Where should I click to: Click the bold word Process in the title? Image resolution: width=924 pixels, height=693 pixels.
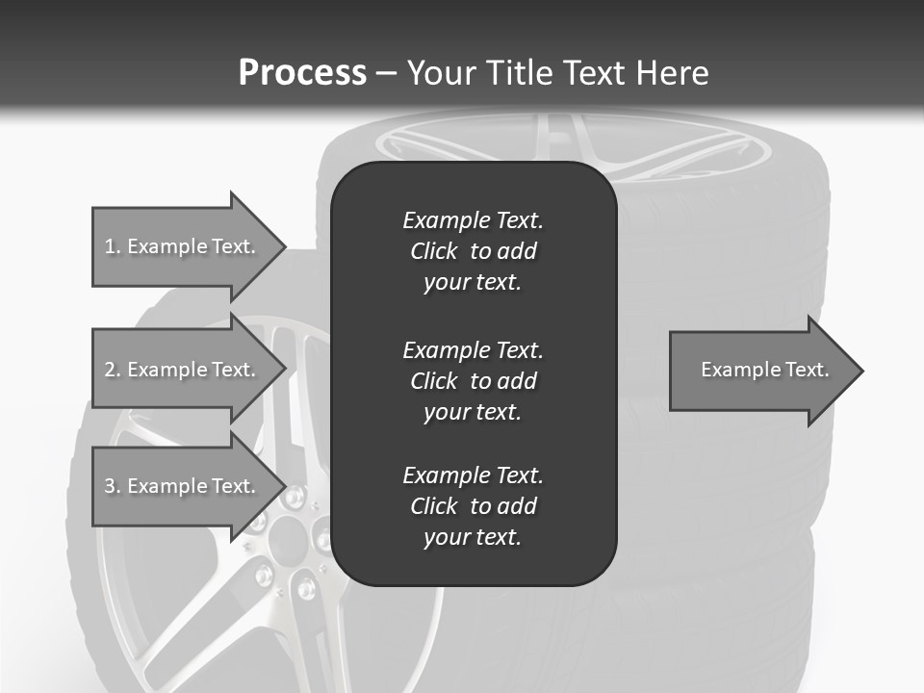302,73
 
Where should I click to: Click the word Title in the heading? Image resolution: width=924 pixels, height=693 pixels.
521,73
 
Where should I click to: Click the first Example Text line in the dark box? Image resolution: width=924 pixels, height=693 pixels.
473,220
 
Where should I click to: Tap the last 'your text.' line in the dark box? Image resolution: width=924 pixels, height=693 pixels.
473,538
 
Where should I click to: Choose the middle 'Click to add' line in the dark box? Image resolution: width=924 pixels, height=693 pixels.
473,381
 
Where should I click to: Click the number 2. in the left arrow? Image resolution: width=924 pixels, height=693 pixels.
113,370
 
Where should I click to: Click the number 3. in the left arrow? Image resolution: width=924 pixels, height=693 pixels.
113,486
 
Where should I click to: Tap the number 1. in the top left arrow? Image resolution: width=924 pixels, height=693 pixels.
112,246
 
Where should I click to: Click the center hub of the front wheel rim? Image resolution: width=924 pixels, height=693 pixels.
289,544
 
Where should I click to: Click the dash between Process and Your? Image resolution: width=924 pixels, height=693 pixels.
386,73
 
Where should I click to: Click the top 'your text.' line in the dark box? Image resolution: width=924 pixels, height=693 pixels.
473,283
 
